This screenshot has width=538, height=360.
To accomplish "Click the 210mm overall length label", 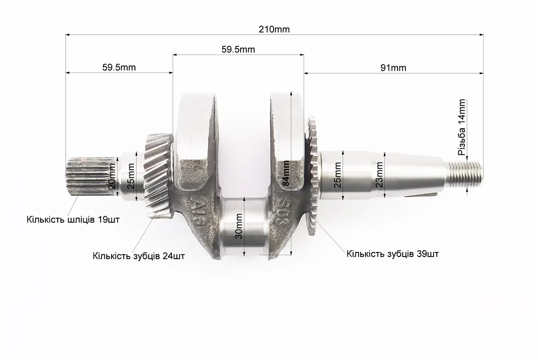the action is [274, 29].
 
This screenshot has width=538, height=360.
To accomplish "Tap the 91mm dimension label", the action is [393, 68].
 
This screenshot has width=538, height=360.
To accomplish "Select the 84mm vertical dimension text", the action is [286, 173].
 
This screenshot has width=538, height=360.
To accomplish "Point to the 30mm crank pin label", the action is [239, 226].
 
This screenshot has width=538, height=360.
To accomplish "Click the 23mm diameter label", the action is [379, 174].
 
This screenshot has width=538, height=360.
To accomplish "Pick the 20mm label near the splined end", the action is [112, 176].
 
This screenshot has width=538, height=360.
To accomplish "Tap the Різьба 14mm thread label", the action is [462, 127].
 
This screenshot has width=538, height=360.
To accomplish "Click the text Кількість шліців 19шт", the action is [73, 220].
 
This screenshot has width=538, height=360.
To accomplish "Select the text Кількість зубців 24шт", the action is [139, 256].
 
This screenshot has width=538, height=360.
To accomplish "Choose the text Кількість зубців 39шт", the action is [393, 254].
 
